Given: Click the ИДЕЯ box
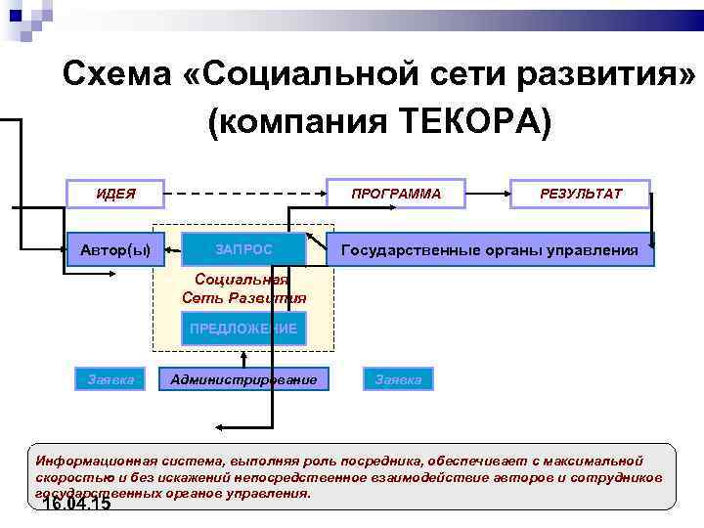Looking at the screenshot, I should [x=115, y=194].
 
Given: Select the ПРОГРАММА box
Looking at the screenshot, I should [x=396, y=194].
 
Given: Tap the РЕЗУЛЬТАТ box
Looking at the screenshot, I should [x=580, y=194].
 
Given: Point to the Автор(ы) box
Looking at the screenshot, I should [x=115, y=250].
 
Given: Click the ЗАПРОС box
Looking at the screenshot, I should [x=243, y=250].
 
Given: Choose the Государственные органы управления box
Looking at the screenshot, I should [x=489, y=250].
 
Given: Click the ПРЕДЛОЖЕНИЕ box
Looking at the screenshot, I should [x=243, y=329].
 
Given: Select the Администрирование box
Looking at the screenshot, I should [x=243, y=378].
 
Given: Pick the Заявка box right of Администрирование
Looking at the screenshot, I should [x=398, y=378].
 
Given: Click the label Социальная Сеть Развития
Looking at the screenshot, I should [x=243, y=288].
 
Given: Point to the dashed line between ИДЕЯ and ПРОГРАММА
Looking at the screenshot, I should [x=244, y=194].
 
